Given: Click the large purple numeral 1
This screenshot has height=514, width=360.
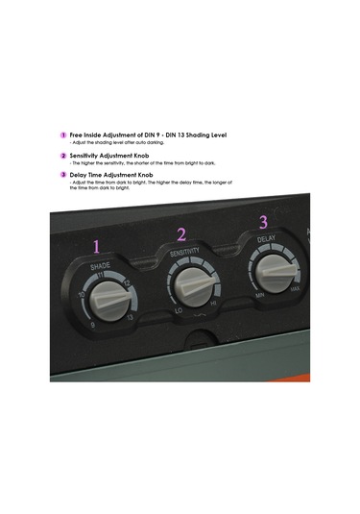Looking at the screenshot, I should pyautogui.click(x=95, y=246).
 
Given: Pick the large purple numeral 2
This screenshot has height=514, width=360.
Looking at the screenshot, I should pyautogui.click(x=181, y=233).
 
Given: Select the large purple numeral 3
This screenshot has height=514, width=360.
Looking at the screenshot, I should pyautogui.click(x=264, y=222).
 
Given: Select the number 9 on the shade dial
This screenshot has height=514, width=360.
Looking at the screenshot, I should pyautogui.click(x=92, y=327).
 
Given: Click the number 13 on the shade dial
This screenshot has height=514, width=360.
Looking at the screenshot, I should pyautogui.click(x=130, y=316).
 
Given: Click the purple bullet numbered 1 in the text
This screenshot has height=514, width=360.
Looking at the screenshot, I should pyautogui.click(x=63, y=135).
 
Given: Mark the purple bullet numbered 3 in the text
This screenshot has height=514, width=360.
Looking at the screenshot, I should pyautogui.click(x=63, y=175).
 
